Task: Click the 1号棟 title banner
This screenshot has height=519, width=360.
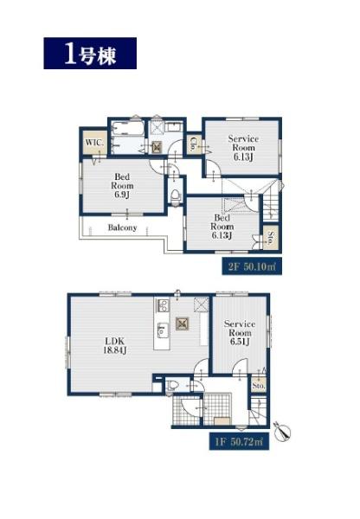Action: coord(90,54)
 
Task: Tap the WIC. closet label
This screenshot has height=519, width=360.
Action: coord(94,143)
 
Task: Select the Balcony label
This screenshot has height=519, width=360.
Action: coord(122,227)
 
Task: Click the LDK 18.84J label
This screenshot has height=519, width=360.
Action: coord(115,345)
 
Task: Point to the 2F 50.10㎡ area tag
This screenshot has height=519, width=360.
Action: coord(252,266)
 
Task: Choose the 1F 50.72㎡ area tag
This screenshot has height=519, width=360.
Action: coord(239,441)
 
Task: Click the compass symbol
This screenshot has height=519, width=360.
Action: coord(283,431)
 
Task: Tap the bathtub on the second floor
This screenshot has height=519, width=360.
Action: coord(127,128)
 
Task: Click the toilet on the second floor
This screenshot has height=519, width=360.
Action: coord(175,196)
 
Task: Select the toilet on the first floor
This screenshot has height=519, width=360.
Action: coord(173,385)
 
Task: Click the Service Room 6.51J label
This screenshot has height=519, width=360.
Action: coord(240,333)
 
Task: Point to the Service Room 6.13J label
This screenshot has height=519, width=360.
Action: coord(243,148)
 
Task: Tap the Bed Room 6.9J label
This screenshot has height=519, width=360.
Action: coord(122,186)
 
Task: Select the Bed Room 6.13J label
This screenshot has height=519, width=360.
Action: coord(222,227)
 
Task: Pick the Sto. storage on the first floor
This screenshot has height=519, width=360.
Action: coord(259,385)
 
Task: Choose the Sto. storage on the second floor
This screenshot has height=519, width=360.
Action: coord(271,237)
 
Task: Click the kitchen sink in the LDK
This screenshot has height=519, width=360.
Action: coord(161,330)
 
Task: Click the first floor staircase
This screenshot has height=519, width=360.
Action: coord(258,410)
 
